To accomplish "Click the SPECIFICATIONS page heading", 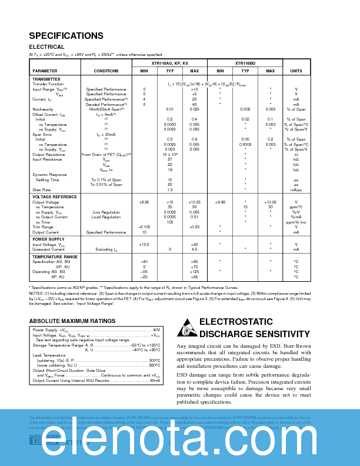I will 66,36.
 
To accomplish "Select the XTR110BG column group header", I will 245,62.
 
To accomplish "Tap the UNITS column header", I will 296,71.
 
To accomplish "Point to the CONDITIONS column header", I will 106,71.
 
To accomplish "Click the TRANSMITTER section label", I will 46,79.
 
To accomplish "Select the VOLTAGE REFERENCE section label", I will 55,197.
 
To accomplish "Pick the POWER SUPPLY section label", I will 48,239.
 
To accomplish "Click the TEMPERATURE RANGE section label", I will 55,257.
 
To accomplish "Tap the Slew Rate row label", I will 41,190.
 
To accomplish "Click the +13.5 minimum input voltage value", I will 144,244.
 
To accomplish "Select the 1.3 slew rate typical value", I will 169,190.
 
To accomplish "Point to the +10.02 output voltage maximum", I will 270,202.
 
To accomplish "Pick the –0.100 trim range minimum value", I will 144,227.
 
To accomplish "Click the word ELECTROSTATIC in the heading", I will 234,322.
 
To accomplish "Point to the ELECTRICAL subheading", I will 46,47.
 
